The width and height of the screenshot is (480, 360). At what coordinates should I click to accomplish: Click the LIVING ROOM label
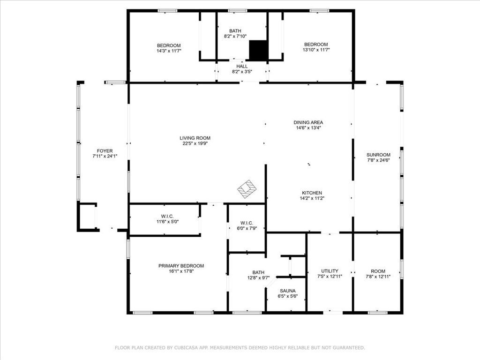[x=195, y=138]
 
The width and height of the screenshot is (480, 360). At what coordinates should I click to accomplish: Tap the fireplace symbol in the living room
[x=247, y=189]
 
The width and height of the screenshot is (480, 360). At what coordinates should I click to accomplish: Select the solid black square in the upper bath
[x=258, y=50]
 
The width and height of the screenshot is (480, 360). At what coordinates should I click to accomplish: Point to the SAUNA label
[x=288, y=291]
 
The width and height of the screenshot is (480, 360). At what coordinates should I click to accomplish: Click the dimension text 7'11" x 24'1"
[x=105, y=156]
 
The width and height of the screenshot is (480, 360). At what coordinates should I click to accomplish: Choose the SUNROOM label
[x=378, y=155]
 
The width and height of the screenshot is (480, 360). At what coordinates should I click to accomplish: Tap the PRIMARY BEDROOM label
[x=181, y=266]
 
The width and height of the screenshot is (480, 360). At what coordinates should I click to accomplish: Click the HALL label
[x=242, y=67]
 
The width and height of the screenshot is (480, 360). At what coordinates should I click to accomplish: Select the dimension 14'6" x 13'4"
[x=308, y=128]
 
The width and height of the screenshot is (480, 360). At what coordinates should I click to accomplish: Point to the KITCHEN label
[x=312, y=193]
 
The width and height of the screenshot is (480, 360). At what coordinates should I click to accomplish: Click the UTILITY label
[x=330, y=271]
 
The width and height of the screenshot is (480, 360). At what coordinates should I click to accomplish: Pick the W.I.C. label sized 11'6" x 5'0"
[x=167, y=217]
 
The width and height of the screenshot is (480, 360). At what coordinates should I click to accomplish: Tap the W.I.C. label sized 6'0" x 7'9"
[x=247, y=223]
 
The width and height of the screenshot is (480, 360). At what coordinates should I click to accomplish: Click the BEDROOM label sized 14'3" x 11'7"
[x=169, y=45]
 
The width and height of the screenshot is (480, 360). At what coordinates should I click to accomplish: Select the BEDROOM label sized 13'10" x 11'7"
[x=316, y=45]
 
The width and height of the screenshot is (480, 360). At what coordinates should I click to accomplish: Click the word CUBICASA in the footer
[x=184, y=348]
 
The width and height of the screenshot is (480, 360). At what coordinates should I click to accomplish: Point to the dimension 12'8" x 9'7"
[x=258, y=278]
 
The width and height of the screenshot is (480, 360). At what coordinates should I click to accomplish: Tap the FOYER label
[x=105, y=151]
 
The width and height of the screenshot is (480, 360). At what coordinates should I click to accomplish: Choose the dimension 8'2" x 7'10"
[x=235, y=36]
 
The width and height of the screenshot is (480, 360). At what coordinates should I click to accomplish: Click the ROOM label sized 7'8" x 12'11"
[x=378, y=271]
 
